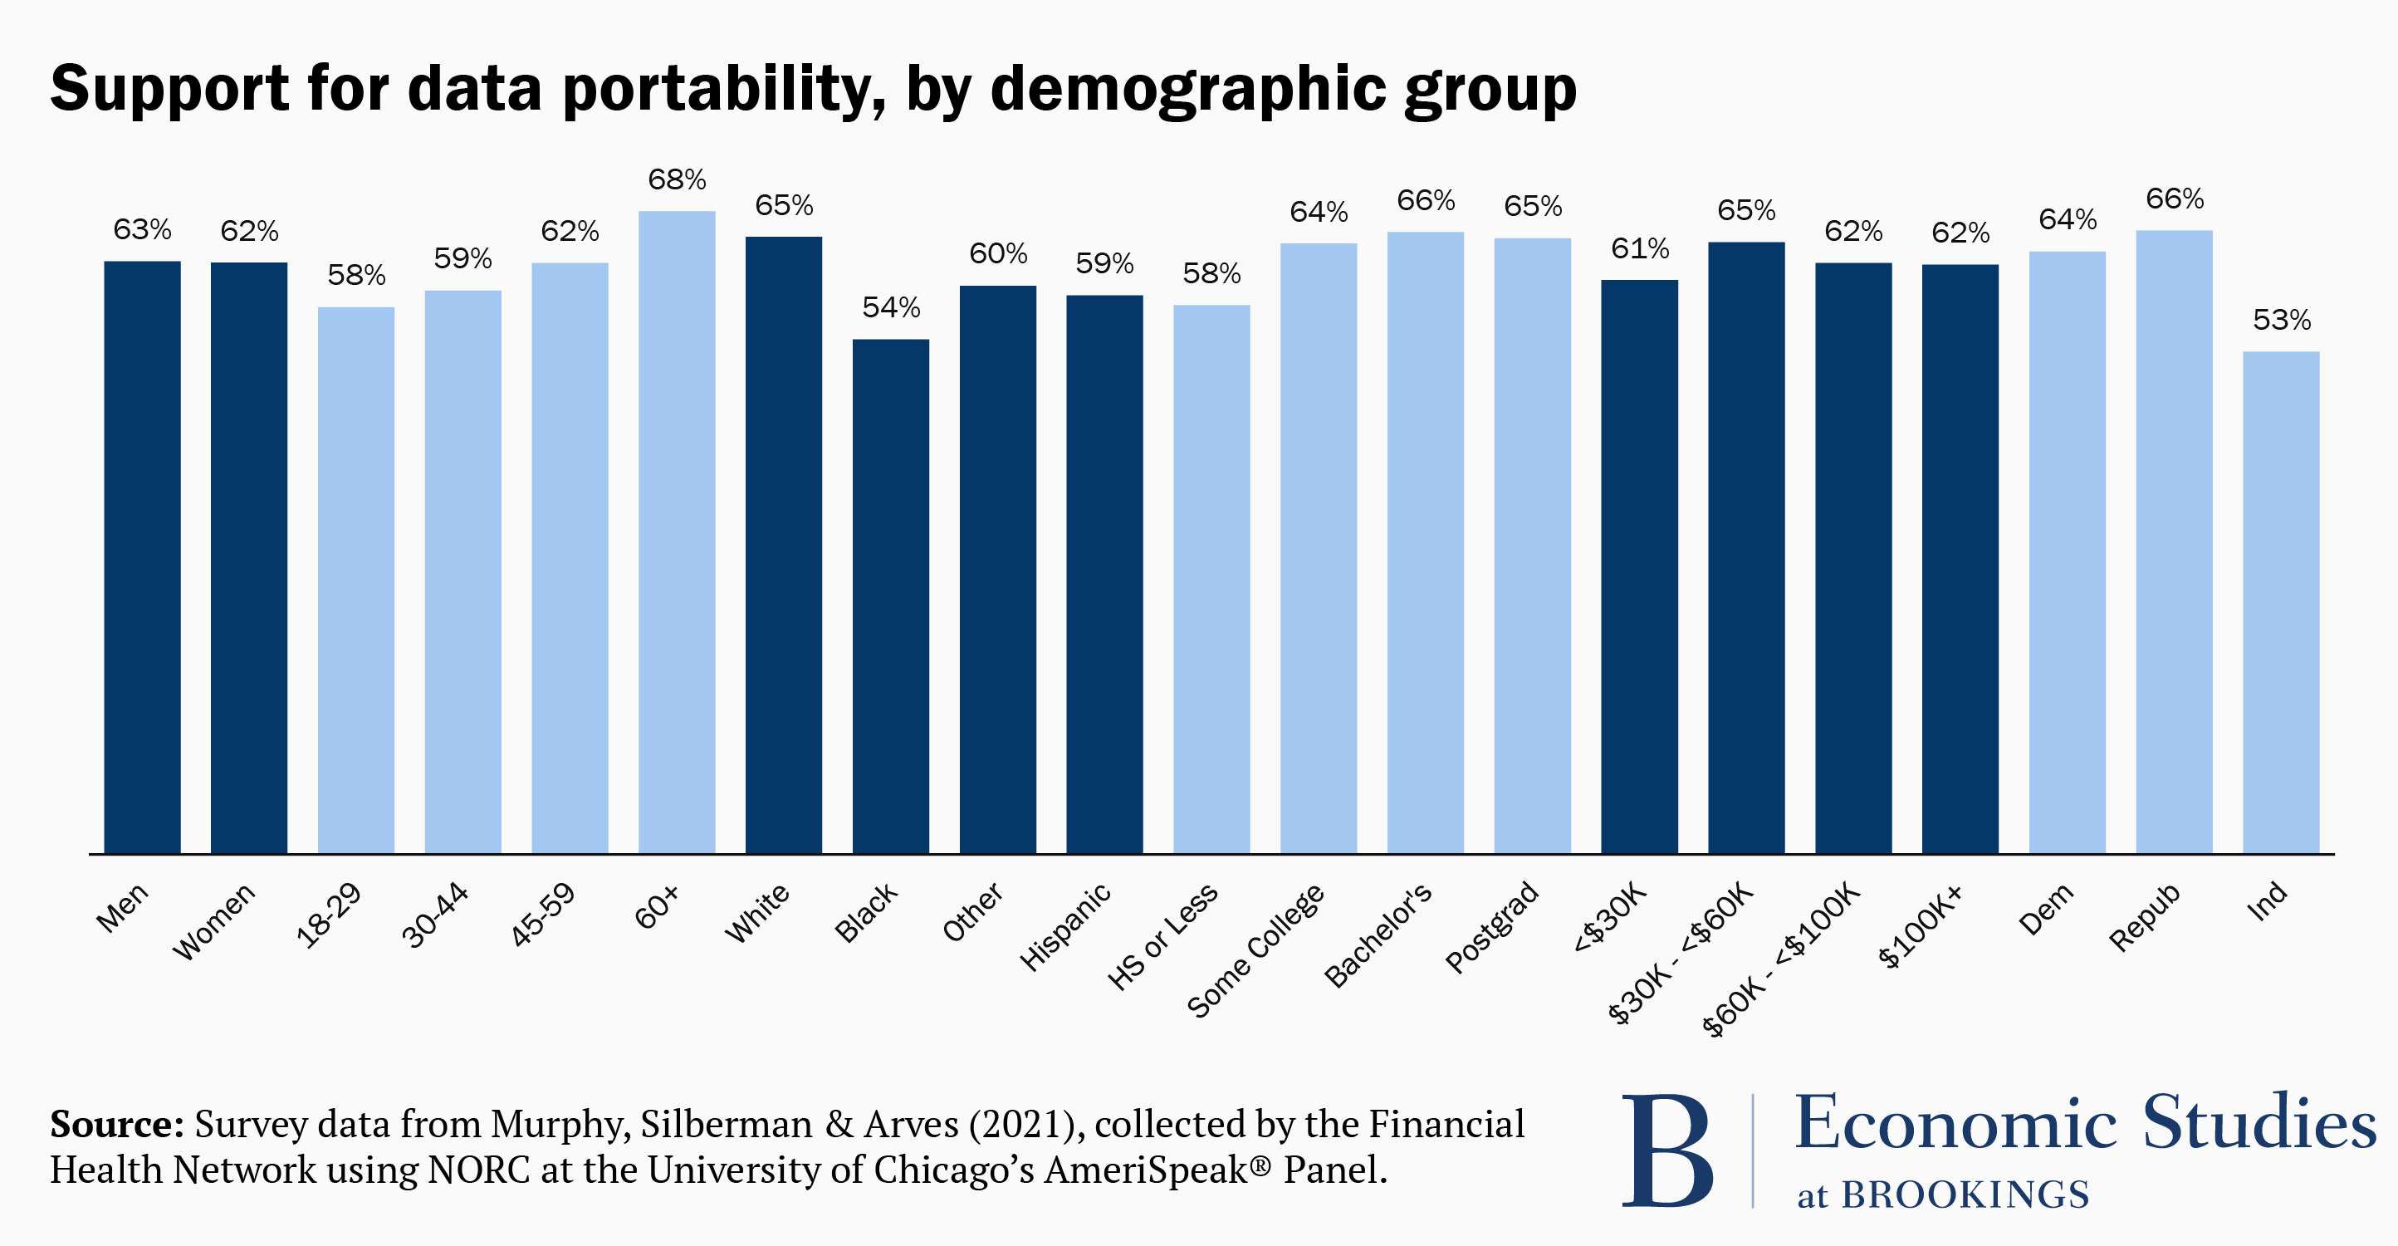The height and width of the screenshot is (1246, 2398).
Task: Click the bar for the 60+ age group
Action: click(x=677, y=531)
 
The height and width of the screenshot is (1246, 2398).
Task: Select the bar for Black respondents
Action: click(x=891, y=596)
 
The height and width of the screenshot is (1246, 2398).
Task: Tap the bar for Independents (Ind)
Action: click(x=2281, y=601)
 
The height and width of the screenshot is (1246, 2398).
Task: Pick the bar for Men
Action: click(x=143, y=557)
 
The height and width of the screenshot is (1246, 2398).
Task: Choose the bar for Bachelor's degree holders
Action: click(x=1425, y=542)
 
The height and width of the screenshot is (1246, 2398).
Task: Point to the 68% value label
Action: click(x=677, y=179)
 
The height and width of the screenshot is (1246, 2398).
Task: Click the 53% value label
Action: click(x=2281, y=321)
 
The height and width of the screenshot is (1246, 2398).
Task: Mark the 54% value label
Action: click(x=891, y=307)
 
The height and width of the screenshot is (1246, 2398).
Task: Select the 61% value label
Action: click(x=1639, y=248)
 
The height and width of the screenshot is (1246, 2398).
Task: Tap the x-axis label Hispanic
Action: click(x=1066, y=926)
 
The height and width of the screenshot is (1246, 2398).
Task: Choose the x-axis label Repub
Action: click(x=2145, y=917)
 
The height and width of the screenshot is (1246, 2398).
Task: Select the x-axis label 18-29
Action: click(x=329, y=915)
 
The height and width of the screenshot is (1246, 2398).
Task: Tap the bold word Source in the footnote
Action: click(x=116, y=1124)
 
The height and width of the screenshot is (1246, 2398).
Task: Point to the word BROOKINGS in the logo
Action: click(x=1965, y=1194)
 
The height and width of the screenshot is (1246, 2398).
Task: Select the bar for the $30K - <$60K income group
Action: click(x=1746, y=547)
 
